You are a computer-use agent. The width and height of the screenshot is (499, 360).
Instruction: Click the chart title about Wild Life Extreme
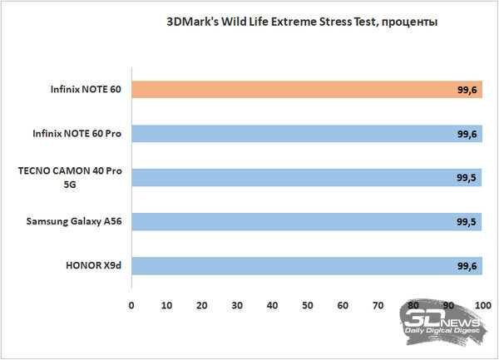pyautogui.click(x=301, y=22)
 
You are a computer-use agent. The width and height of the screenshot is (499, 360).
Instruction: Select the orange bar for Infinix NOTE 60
pyautogui.click(x=306, y=91)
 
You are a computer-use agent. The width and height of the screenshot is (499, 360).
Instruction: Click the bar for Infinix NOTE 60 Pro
pyautogui.click(x=306, y=134)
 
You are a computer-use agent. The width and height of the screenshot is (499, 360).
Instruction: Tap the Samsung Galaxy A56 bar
pyautogui.click(x=306, y=222)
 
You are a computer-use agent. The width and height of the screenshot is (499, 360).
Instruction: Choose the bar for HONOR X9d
pyautogui.click(x=306, y=266)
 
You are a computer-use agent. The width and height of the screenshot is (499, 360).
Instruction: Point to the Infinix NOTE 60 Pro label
pyautogui.click(x=75, y=134)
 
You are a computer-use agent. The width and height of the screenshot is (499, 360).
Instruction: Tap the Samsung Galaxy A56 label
pyautogui.click(x=76, y=222)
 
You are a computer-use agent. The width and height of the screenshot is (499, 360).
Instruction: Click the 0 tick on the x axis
pyautogui.click(x=131, y=305)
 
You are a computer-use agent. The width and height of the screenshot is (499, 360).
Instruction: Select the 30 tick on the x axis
pyautogui.click(x=237, y=305)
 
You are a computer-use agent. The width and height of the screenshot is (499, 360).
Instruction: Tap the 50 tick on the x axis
pyautogui.click(x=308, y=305)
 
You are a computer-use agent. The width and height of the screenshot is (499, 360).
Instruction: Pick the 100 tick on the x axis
pyautogui.click(x=483, y=305)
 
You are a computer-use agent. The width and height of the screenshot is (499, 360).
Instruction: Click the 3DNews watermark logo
pyautogui.click(x=441, y=320)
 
